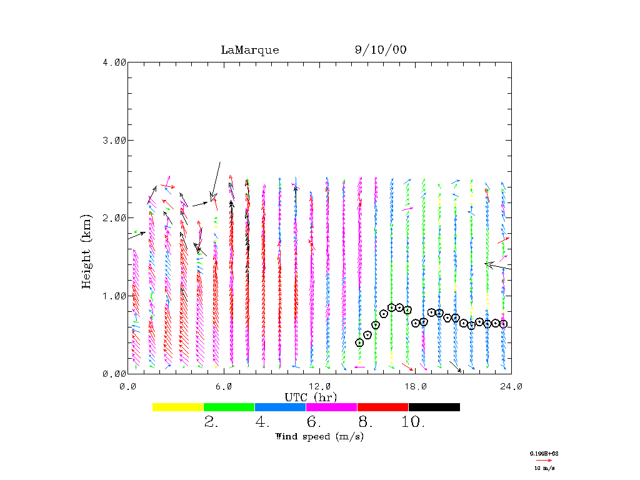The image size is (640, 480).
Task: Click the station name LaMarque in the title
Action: click(x=249, y=50)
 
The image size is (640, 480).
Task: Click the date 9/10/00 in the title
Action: click(x=381, y=50)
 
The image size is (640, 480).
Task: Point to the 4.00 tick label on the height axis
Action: click(x=114, y=62)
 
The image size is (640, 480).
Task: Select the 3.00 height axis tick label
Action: click(x=114, y=140)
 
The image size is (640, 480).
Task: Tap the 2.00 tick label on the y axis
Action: click(x=114, y=217)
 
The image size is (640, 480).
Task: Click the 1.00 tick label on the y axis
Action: click(x=114, y=296)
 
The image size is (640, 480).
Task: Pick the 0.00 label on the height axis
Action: click(x=114, y=373)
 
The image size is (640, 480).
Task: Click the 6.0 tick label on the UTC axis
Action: click(x=224, y=386)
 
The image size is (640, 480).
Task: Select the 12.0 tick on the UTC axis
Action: click(x=320, y=386)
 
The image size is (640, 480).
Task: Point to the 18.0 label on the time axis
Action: click(x=416, y=386)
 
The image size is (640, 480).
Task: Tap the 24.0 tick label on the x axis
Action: click(x=511, y=386)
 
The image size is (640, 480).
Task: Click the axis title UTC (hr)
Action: click(x=311, y=397)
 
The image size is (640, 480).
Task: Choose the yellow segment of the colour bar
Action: click(x=178, y=407)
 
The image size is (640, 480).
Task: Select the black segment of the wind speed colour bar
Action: click(x=434, y=407)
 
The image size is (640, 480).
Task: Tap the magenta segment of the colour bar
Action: click(x=331, y=407)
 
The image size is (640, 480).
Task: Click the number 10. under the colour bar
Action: click(x=413, y=422)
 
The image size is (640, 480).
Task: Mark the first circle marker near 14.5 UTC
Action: click(x=359, y=342)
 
